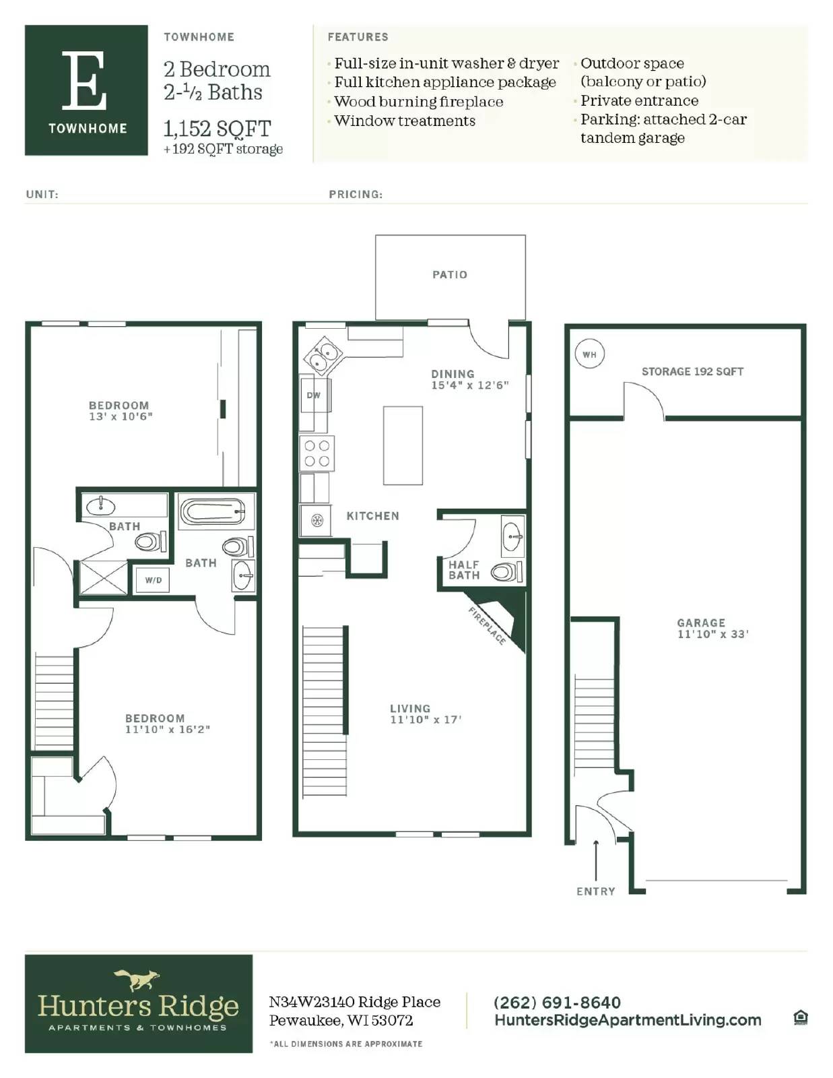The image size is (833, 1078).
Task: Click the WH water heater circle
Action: pyautogui.click(x=589, y=354)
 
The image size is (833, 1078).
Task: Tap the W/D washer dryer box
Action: pyautogui.click(x=153, y=580)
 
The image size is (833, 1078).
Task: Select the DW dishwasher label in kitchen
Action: pyautogui.click(x=313, y=395)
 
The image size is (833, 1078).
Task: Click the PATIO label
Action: pyautogui.click(x=450, y=275)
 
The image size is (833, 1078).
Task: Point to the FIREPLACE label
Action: pyautogui.click(x=487, y=626)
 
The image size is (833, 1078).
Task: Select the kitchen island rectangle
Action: pyautogui.click(x=403, y=445)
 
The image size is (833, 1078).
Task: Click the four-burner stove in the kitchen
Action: pyautogui.click(x=317, y=453)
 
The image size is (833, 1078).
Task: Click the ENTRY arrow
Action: pyautogui.click(x=595, y=859)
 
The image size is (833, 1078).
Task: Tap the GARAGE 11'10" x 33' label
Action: pyautogui.click(x=712, y=629)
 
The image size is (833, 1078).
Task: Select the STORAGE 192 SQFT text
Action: pyautogui.click(x=692, y=371)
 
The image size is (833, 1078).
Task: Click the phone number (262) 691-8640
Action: pyautogui.click(x=557, y=1003)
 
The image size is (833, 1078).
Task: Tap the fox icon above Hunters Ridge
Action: pyautogui.click(x=137, y=979)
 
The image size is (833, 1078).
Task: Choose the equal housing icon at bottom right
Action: pyautogui.click(x=800, y=1017)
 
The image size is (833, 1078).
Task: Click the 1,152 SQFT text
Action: pyautogui.click(x=217, y=128)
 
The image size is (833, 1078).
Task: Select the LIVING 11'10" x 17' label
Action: pyautogui.click(x=425, y=714)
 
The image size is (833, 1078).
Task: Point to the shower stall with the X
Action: pyautogui.click(x=103, y=577)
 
